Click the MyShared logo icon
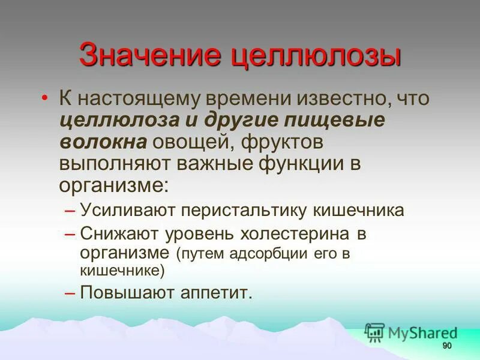[x=374, y=332]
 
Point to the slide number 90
[x=446, y=347]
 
